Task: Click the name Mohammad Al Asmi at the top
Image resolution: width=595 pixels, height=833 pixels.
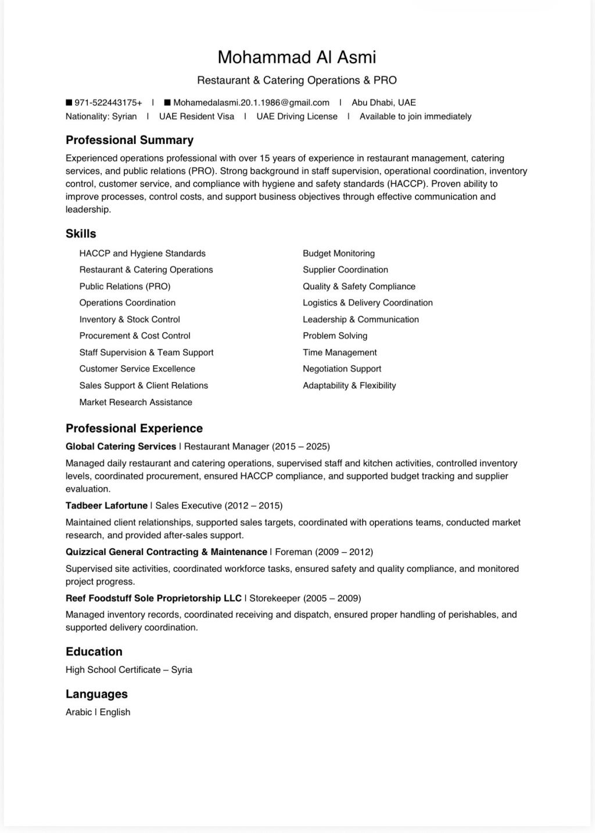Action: click(297, 57)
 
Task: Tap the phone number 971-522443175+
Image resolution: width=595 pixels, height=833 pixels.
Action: click(108, 103)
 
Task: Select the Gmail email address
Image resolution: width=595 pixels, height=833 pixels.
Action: click(251, 103)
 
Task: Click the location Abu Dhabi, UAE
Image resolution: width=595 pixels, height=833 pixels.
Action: click(383, 103)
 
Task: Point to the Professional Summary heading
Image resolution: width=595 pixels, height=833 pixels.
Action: click(130, 140)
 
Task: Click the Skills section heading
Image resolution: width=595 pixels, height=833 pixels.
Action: click(81, 233)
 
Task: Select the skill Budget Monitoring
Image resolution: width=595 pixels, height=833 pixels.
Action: click(339, 253)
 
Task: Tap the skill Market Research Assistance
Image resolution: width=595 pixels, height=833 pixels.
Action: click(135, 402)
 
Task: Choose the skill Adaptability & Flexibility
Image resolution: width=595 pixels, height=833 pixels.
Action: click(349, 385)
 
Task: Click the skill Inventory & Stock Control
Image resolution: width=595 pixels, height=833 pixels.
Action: click(130, 319)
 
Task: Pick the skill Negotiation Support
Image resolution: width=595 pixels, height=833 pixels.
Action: click(342, 369)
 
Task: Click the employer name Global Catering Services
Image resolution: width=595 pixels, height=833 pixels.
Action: click(121, 446)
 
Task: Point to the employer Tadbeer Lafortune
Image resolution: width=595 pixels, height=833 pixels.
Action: click(106, 506)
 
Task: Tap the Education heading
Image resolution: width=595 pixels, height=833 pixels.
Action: click(94, 651)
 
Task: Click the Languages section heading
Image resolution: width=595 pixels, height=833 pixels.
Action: click(96, 694)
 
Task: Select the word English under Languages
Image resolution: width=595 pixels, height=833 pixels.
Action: click(115, 712)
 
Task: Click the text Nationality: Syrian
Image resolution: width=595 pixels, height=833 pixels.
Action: click(101, 116)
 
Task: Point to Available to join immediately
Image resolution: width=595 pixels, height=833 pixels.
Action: click(415, 116)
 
